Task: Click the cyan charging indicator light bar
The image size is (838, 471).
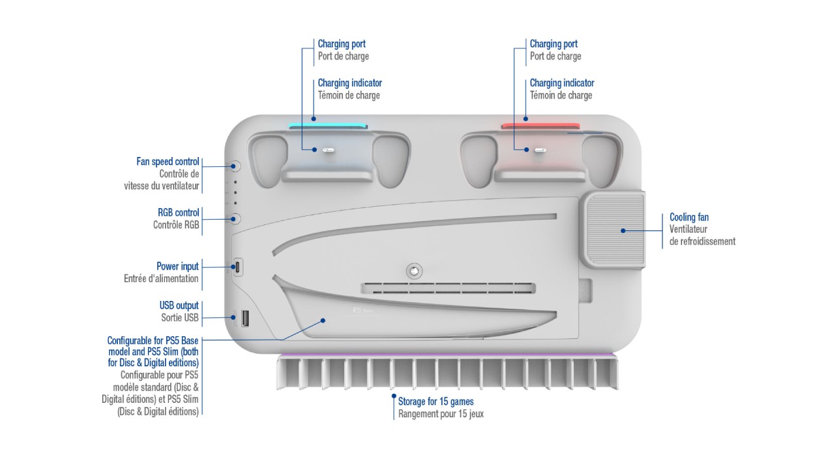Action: pyautogui.click(x=329, y=126)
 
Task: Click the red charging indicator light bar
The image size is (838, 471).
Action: pyautogui.click(x=540, y=126)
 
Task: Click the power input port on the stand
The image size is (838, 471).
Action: pyautogui.click(x=238, y=267)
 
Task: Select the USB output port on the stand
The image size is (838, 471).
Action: pyautogui.click(x=246, y=319)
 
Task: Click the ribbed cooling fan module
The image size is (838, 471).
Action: pyautogui.click(x=612, y=230)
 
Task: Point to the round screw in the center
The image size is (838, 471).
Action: pyautogui.click(x=414, y=270)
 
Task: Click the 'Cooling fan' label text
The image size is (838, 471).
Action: pyautogui.click(x=689, y=217)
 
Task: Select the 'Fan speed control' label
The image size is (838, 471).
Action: pyautogui.click(x=168, y=162)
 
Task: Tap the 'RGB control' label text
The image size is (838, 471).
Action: pyautogui.click(x=178, y=213)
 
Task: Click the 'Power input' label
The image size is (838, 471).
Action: pyautogui.click(x=177, y=266)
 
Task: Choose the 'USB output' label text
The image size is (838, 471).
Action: pyautogui.click(x=179, y=305)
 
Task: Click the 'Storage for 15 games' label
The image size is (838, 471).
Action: pyautogui.click(x=435, y=401)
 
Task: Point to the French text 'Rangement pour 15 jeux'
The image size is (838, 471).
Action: pyautogui.click(x=441, y=413)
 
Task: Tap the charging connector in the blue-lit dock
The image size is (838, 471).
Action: pyautogui.click(x=329, y=150)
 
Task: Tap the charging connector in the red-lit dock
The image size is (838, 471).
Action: pyautogui.click(x=540, y=150)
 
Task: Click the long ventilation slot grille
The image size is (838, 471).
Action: pyautogui.click(x=448, y=288)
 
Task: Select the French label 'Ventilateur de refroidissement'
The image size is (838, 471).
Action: pyautogui.click(x=702, y=235)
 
